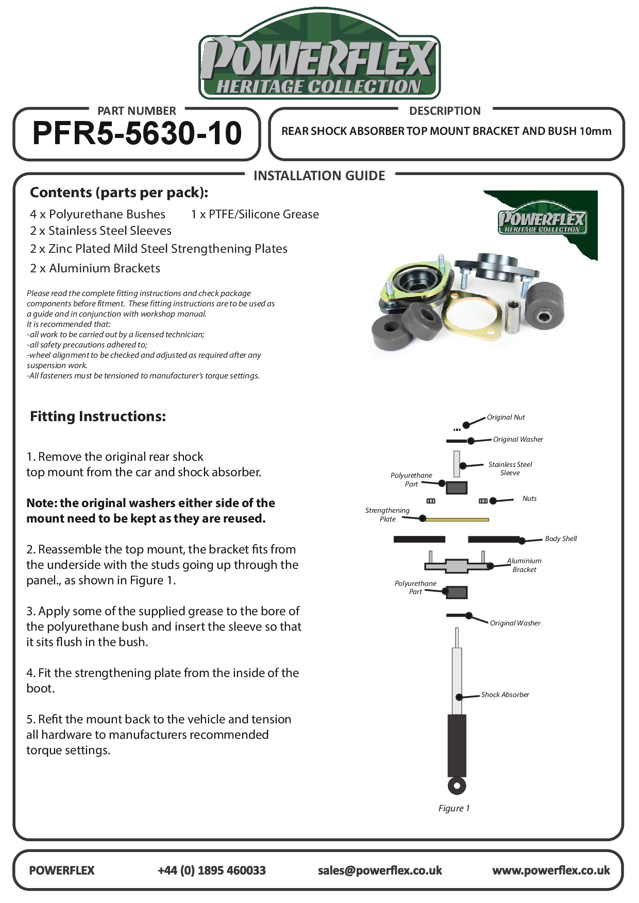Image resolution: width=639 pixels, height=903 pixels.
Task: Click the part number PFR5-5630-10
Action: pos(137,133)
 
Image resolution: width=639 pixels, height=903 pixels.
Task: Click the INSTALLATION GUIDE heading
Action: pos(319,176)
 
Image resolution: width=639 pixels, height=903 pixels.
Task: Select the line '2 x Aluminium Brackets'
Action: pos(95,268)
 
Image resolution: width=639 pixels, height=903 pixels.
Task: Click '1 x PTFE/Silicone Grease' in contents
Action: pos(255,214)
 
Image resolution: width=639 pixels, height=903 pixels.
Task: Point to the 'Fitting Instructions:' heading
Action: pos(98,416)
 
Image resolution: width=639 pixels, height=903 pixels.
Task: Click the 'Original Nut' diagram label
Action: pos(506,417)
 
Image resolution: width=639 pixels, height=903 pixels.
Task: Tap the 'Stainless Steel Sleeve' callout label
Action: pos(510,468)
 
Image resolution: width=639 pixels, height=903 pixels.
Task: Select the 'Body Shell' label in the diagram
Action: pos(561,539)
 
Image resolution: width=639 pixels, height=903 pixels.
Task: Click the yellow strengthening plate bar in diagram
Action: pos(457,519)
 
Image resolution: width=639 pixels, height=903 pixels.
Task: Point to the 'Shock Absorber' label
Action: pos(505,694)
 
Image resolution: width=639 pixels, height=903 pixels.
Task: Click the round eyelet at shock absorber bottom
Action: pos(457,786)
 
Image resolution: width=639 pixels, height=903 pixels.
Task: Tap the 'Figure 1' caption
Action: pos(453,808)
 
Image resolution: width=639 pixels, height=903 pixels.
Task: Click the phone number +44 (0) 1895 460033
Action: pos(211,870)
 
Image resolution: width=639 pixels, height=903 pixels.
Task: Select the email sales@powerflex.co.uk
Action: pos(380,870)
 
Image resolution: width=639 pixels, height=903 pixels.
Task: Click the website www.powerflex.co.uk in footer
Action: pos(551,870)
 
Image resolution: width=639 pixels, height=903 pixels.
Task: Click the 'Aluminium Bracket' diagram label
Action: pos(524,565)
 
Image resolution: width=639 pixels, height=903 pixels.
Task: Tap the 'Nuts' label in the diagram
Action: pos(529,498)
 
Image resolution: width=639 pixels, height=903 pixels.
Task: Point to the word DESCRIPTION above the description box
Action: pos(445,111)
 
